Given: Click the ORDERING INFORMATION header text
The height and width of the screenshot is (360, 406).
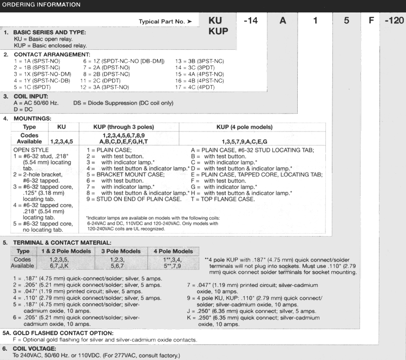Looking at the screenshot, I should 41,5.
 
